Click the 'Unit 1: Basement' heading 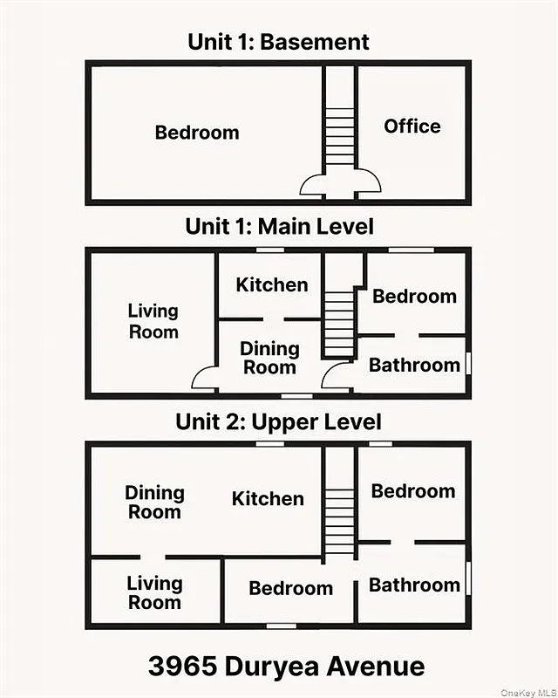coord(278,41)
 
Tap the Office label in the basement coord(412,127)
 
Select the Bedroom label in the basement coord(196,133)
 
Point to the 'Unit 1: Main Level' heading coord(279,227)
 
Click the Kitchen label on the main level coord(272,284)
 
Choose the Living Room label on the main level coord(153,321)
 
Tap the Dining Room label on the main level coord(269,358)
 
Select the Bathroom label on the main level coord(413,365)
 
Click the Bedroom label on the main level coord(414,297)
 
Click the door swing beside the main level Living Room coord(205,379)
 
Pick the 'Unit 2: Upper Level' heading coord(278,422)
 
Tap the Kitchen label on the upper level coord(268,499)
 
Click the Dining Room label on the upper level coord(154,502)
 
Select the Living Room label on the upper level coord(154,592)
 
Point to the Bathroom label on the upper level coord(413,585)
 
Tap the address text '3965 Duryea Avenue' coord(286,667)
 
